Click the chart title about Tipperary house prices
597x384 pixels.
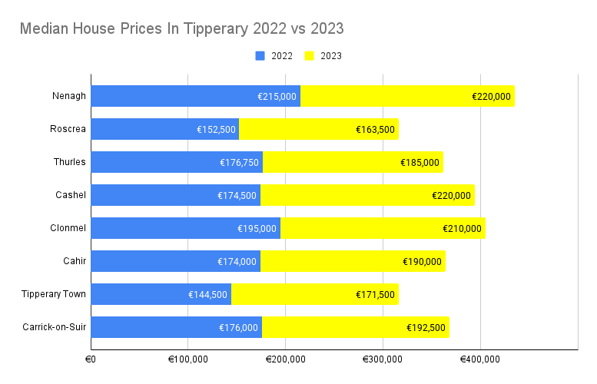[181, 29]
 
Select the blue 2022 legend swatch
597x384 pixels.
[259, 56]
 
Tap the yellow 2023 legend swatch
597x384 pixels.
[310, 56]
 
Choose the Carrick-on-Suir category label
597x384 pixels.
[55, 327]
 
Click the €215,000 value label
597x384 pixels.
[277, 97]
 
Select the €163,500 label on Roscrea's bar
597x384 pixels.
[376, 130]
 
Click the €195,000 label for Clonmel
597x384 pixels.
[257, 229]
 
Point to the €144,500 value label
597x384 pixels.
[207, 295]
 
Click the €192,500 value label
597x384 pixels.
[426, 328]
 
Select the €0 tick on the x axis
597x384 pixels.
[90, 359]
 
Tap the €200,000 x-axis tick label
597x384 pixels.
[285, 359]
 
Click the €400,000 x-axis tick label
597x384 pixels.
[479, 359]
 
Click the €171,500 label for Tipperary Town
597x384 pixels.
[376, 295]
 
